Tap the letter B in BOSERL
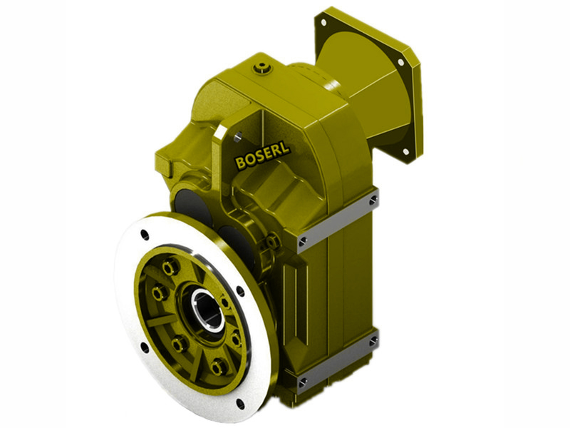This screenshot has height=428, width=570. point(240,164)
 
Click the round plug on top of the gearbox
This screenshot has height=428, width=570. point(264,68)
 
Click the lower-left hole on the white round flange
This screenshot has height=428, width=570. point(145,348)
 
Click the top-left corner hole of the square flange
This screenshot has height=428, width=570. point(324,23)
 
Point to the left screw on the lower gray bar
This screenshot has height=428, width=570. point(304,382)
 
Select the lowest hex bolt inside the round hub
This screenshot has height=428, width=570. point(218,367)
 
